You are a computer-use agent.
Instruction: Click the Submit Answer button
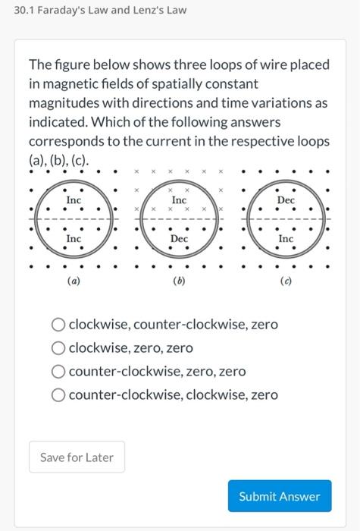pos(279,496)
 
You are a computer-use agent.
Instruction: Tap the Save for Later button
pos(77,457)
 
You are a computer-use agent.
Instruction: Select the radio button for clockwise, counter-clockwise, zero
pos(58,325)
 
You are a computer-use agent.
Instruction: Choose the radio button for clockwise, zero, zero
pos(58,348)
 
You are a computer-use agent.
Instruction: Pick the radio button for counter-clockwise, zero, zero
pos(58,372)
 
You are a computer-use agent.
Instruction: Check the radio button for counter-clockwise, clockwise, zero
pos(58,395)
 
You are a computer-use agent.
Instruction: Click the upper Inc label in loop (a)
pos(74,200)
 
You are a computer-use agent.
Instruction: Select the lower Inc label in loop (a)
pos(74,238)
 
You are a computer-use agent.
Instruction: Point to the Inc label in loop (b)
pos(179,200)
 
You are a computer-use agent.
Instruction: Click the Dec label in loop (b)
pos(179,238)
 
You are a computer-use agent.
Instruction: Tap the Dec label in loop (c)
pos(286,200)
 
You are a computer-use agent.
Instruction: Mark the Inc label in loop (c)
pos(286,238)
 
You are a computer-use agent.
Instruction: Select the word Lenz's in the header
pos(149,11)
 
